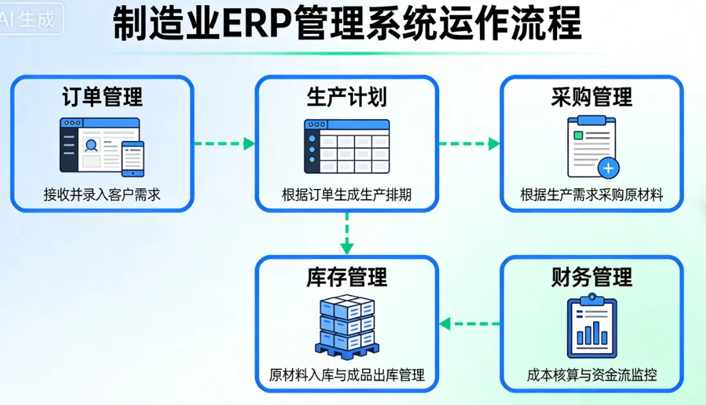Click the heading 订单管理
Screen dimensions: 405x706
(x=102, y=97)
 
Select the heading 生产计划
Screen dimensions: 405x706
(x=347, y=97)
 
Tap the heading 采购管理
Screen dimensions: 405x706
(x=591, y=97)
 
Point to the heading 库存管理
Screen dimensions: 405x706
(x=347, y=277)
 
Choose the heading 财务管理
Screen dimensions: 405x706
(x=591, y=277)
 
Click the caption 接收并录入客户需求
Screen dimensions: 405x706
(x=102, y=195)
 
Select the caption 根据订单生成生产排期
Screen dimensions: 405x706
(x=347, y=195)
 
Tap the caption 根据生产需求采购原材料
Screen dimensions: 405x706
(x=591, y=195)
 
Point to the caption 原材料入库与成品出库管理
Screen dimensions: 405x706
(x=347, y=375)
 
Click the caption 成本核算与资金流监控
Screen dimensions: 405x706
(x=591, y=375)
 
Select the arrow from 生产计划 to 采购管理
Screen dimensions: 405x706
(x=469, y=144)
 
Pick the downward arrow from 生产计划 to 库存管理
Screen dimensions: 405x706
(x=347, y=233)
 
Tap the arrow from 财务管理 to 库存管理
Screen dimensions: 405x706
(x=469, y=324)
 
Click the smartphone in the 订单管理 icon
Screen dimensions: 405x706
(x=133, y=158)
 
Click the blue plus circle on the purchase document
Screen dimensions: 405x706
(x=608, y=169)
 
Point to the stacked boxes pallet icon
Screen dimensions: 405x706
(x=347, y=326)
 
